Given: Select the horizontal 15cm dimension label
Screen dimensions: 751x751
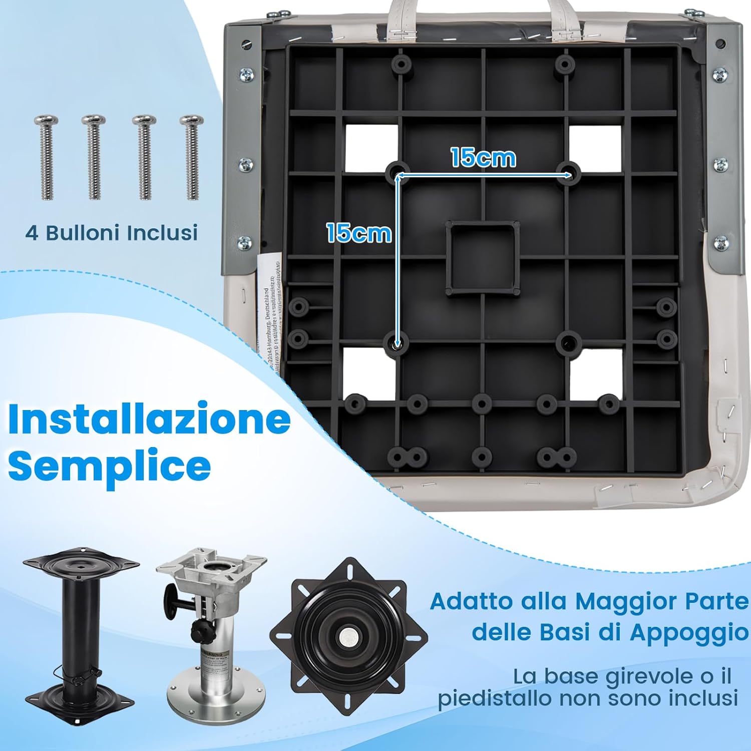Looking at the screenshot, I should point(483,158).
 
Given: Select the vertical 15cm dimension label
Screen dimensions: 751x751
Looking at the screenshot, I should point(358,233).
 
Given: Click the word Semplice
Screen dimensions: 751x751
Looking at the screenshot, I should point(109,466).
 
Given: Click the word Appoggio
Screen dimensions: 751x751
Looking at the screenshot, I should point(689,632).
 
